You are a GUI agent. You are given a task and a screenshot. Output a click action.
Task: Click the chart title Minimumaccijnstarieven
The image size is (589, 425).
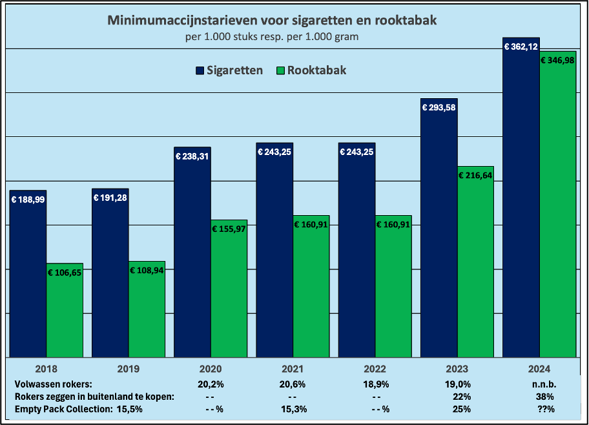(x=272, y=21)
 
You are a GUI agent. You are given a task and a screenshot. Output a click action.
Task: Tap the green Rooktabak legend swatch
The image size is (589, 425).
(x=280, y=70)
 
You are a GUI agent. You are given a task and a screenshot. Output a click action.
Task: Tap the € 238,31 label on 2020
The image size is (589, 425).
(x=192, y=156)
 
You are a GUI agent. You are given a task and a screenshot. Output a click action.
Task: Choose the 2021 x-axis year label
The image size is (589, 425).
(x=293, y=369)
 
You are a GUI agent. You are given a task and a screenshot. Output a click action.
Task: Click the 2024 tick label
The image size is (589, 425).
(x=539, y=369)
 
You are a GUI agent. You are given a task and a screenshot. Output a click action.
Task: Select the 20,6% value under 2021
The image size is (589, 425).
(x=293, y=384)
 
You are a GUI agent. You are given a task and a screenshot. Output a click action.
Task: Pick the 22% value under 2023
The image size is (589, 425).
(x=462, y=396)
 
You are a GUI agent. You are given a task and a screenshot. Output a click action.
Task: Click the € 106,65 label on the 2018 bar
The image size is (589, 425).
(x=65, y=273)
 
